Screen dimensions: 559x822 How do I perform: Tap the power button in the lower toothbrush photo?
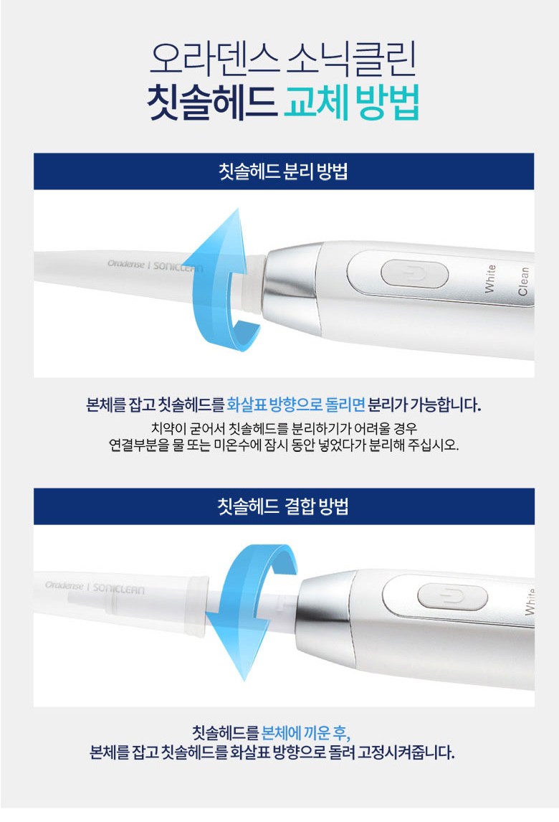pos(452,597)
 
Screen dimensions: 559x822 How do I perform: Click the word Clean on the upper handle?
pos(523,281)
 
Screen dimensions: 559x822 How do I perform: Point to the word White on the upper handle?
pos(489,278)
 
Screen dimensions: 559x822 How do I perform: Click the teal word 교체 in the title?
pos(315,103)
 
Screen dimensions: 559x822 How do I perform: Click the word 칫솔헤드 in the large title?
pos(211,103)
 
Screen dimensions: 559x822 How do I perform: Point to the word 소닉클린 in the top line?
pos(351,57)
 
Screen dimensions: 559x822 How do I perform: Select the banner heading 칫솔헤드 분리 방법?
pos(283,171)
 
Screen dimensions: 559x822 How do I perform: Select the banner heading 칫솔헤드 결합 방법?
pos(283,506)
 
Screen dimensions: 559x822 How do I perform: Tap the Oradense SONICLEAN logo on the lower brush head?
pos(95,587)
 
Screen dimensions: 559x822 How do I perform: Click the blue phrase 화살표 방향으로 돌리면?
pos(295,404)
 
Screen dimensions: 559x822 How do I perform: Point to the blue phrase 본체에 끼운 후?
pos(305,732)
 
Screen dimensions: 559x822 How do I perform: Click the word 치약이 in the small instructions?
pos(168,428)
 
